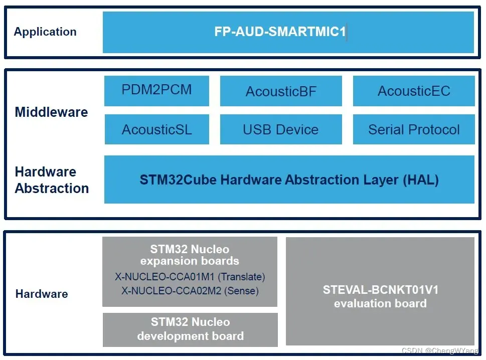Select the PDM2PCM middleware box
tap(156, 90)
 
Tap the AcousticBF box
tap(281, 91)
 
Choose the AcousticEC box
tap(414, 91)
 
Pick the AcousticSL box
tap(156, 129)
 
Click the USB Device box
tap(281, 129)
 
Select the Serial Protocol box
tap(414, 129)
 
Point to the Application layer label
tap(45, 32)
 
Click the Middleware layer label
tap(51, 112)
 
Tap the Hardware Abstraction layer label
tap(52, 180)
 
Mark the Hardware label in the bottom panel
tap(42, 294)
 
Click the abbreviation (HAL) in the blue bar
tap(421, 180)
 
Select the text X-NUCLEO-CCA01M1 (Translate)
tap(190, 277)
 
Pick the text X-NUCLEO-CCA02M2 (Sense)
tap(190, 290)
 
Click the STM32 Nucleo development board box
tap(190, 329)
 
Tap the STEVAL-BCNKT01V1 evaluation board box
tap(380, 296)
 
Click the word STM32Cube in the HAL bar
tap(171, 180)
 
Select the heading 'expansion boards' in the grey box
tap(190, 261)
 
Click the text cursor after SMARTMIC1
tap(347, 32)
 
